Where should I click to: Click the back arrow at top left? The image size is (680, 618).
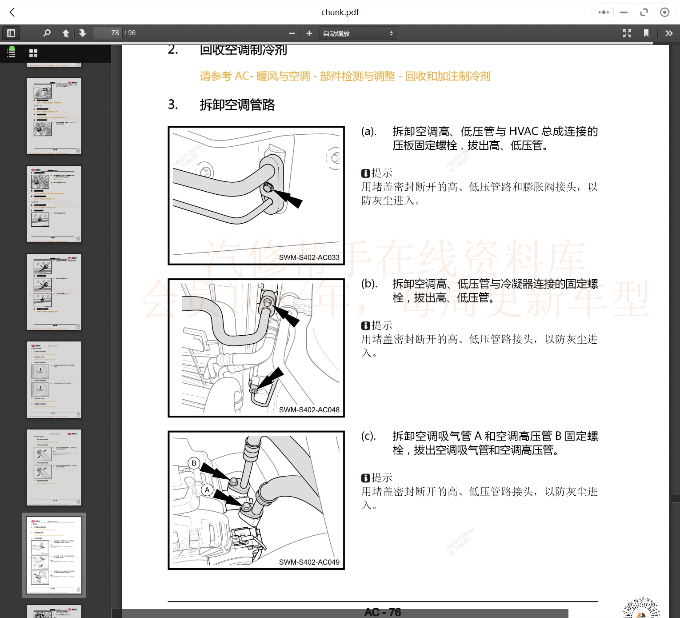[12, 12]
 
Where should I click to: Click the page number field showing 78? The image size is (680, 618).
[108, 33]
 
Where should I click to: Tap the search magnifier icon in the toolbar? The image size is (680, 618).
[47, 33]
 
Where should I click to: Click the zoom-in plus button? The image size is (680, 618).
[309, 33]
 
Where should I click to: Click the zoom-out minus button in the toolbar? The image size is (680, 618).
[292, 33]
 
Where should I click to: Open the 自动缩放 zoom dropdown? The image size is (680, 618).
[358, 33]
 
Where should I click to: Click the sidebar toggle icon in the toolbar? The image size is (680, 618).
[11, 33]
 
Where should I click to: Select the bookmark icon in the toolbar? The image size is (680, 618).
[646, 33]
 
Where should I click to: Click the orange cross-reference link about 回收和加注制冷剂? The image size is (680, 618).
[345, 76]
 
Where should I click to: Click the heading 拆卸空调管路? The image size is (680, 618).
[237, 105]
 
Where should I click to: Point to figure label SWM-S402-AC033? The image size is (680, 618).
[309, 257]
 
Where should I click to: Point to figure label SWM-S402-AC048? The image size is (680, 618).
[309, 410]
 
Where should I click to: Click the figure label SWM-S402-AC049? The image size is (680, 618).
[309, 562]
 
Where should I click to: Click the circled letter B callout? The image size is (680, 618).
[194, 463]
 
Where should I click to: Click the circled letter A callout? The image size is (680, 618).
[207, 490]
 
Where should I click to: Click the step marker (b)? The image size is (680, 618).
[369, 284]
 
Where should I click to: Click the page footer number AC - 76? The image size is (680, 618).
[382, 612]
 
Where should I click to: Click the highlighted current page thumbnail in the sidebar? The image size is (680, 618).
[54, 555]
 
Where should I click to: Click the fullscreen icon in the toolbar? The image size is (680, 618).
[627, 33]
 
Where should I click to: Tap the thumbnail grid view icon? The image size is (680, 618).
[33, 53]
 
